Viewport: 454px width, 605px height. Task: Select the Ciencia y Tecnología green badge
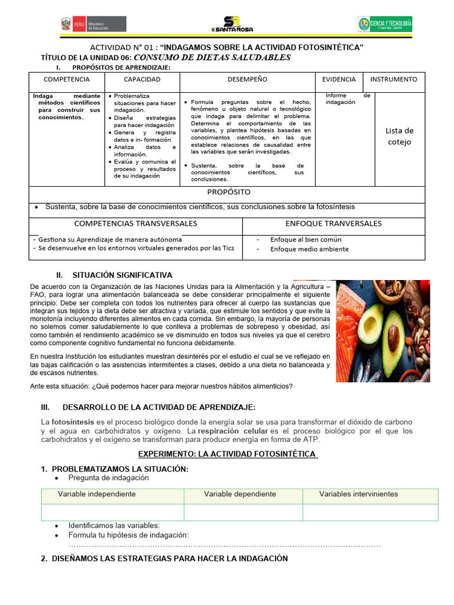click(385, 24)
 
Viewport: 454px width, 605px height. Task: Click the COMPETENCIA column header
click(67, 79)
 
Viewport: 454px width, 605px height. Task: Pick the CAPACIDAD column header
click(142, 79)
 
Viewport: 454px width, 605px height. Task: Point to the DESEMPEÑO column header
click(247, 79)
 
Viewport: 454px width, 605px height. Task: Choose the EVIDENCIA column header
click(339, 79)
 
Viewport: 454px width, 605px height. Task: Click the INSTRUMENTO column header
click(393, 79)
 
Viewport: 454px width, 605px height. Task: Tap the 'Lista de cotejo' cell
click(399, 136)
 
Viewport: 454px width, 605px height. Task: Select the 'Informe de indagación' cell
click(348, 99)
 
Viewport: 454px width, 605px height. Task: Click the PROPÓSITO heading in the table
click(229, 192)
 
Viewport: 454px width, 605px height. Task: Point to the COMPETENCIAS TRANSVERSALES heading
click(135, 223)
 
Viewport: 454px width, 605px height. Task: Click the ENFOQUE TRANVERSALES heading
click(333, 223)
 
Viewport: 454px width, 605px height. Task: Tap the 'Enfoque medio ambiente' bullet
click(309, 249)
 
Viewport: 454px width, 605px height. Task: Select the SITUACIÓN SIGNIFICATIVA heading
click(122, 275)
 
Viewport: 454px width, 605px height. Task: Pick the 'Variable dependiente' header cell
click(240, 494)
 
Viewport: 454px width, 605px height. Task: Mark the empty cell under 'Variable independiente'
click(112, 512)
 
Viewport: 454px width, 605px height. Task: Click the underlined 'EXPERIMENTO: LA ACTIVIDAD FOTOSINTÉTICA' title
click(228, 454)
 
